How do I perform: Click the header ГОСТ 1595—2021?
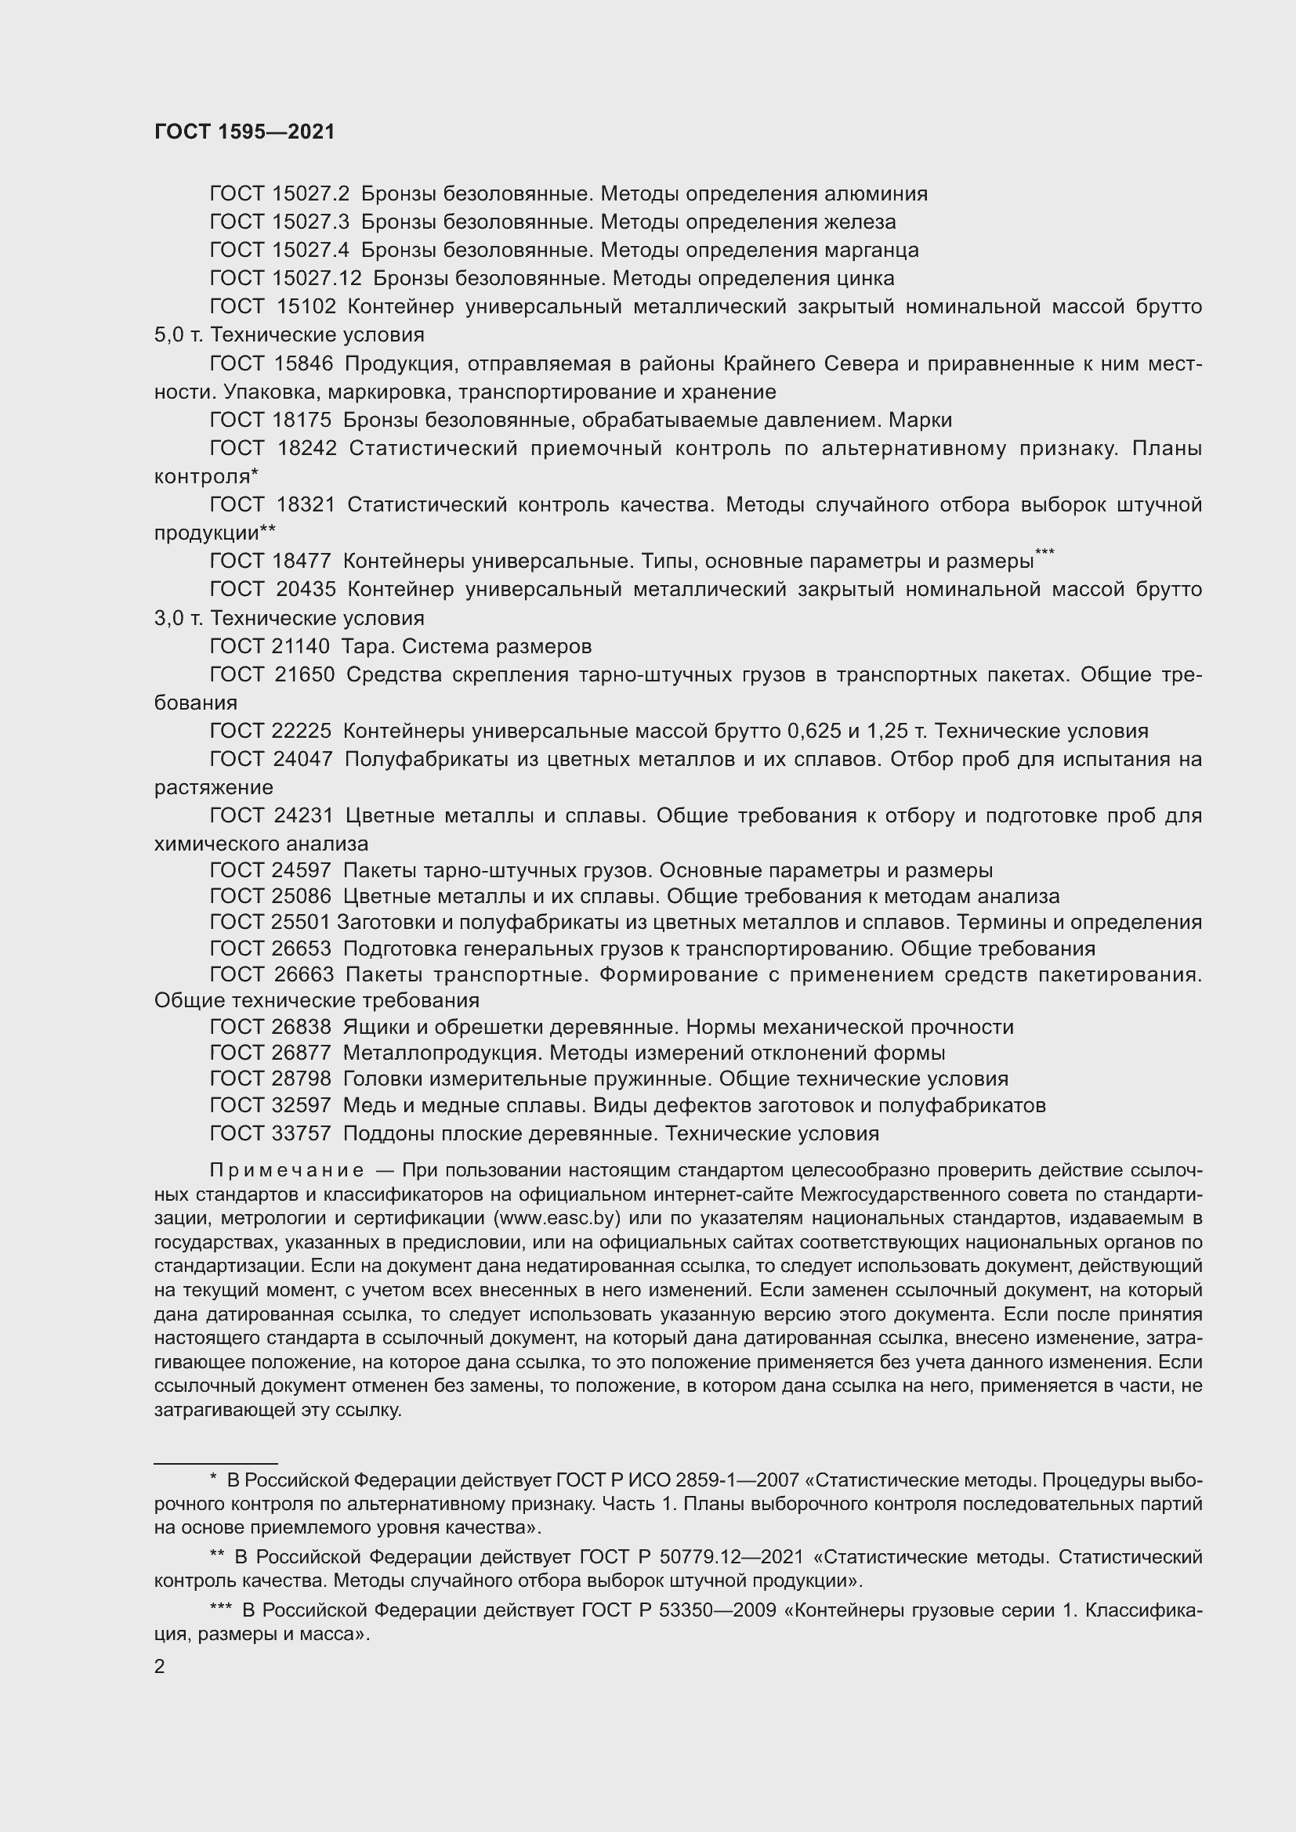[244, 132]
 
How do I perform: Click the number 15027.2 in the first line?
[310, 194]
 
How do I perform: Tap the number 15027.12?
[316, 279]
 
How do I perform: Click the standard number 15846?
[303, 364]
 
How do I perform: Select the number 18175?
[302, 421]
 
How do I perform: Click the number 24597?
[302, 870]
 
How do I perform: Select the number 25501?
[301, 923]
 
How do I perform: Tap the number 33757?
[302, 1134]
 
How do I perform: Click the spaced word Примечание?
[287, 1170]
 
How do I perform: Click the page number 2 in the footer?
[160, 1666]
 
